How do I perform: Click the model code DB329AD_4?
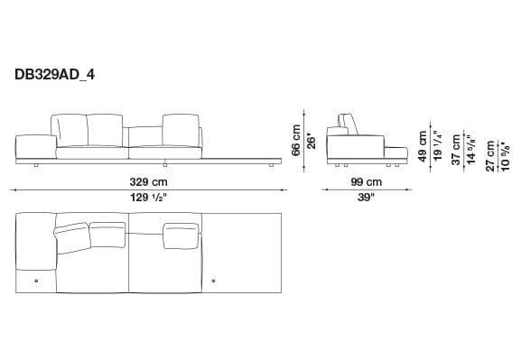coord(55,76)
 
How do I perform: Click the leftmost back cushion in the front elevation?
coord(70,129)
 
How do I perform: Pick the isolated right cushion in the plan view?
coord(181,234)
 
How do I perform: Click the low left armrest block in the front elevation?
coord(33,143)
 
